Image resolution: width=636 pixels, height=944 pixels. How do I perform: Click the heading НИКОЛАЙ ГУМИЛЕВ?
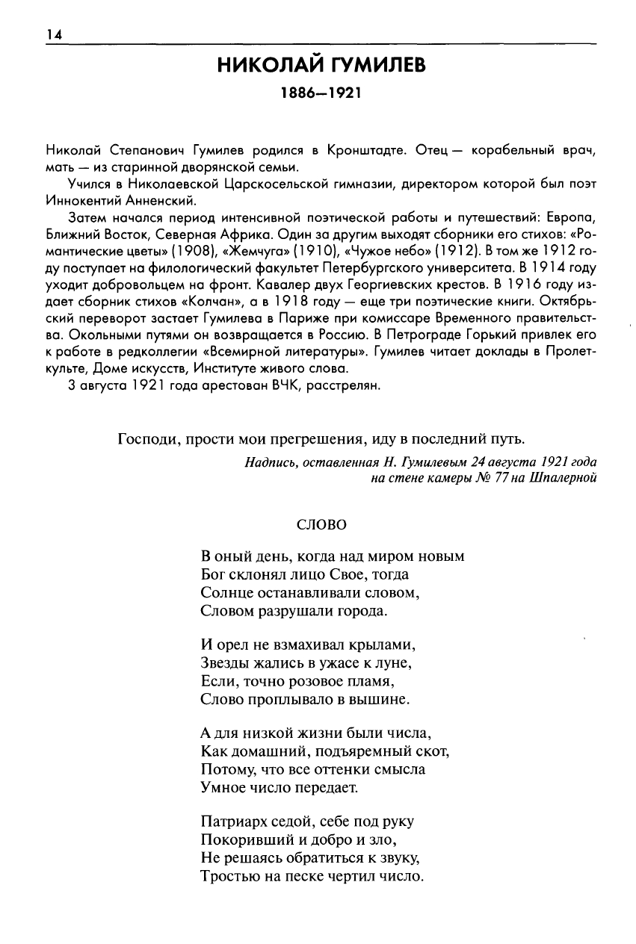click(x=321, y=66)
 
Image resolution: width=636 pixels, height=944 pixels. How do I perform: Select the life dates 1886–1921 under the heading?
click(x=321, y=95)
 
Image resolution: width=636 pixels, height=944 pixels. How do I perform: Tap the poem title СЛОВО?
click(x=321, y=525)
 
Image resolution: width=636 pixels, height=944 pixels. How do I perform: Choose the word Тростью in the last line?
click(x=227, y=875)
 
